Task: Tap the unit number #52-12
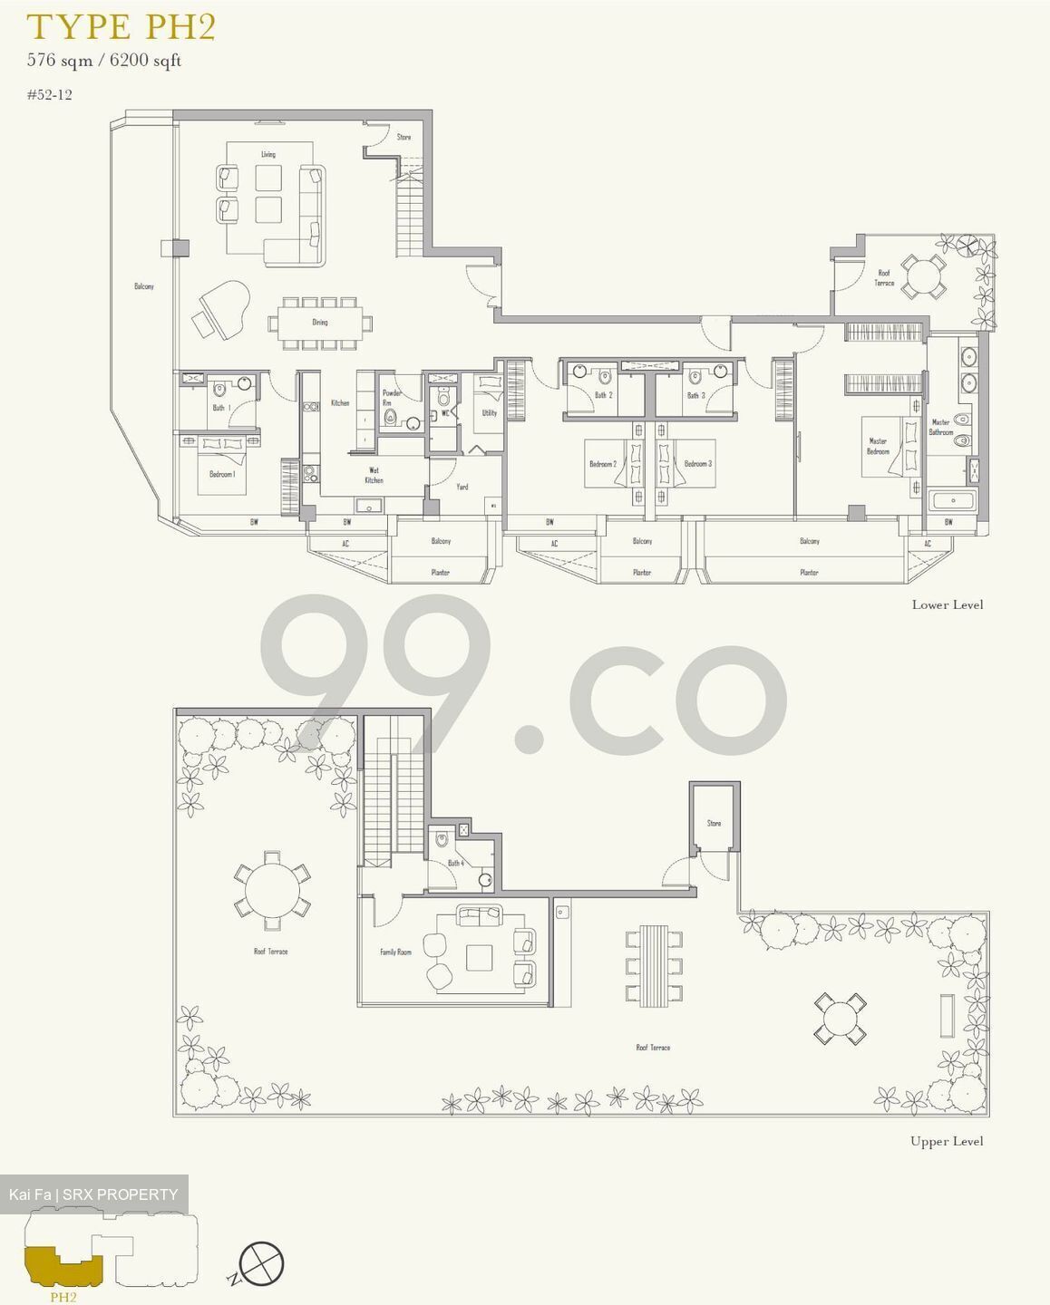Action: coord(50,94)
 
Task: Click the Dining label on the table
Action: coord(320,323)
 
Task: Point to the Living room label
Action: coord(268,155)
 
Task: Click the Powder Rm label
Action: coord(391,398)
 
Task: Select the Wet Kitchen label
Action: coord(374,475)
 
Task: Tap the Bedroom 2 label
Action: coord(602,464)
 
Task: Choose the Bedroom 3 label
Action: coord(697,464)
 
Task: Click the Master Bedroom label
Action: coord(878,446)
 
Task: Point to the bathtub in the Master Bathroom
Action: coord(951,501)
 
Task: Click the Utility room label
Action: coord(489,413)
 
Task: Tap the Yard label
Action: coord(462,487)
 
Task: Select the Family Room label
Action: coord(395,952)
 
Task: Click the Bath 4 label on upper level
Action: coord(455,863)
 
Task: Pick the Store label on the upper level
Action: coord(714,823)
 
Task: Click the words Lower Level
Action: coord(947,604)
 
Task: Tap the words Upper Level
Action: coord(946,1141)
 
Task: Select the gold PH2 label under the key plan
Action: coord(63,1297)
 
